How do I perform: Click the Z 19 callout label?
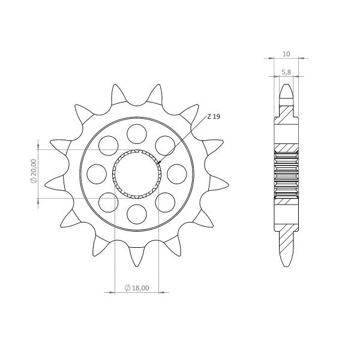click(213, 117)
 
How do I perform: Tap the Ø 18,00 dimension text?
click(137, 289)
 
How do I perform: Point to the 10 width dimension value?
click(286, 54)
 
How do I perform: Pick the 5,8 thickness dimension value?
click(286, 71)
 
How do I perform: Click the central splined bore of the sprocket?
click(137, 174)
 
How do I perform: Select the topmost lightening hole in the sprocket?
click(137, 133)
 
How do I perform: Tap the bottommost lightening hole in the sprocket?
click(137, 214)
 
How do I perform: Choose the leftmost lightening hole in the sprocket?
click(96, 173)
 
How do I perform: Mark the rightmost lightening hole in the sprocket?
click(177, 173)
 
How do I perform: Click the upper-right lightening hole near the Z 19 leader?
click(165, 145)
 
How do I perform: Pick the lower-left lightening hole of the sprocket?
click(109, 202)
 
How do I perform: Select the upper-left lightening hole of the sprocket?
click(109, 145)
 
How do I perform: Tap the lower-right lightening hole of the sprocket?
click(165, 202)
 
